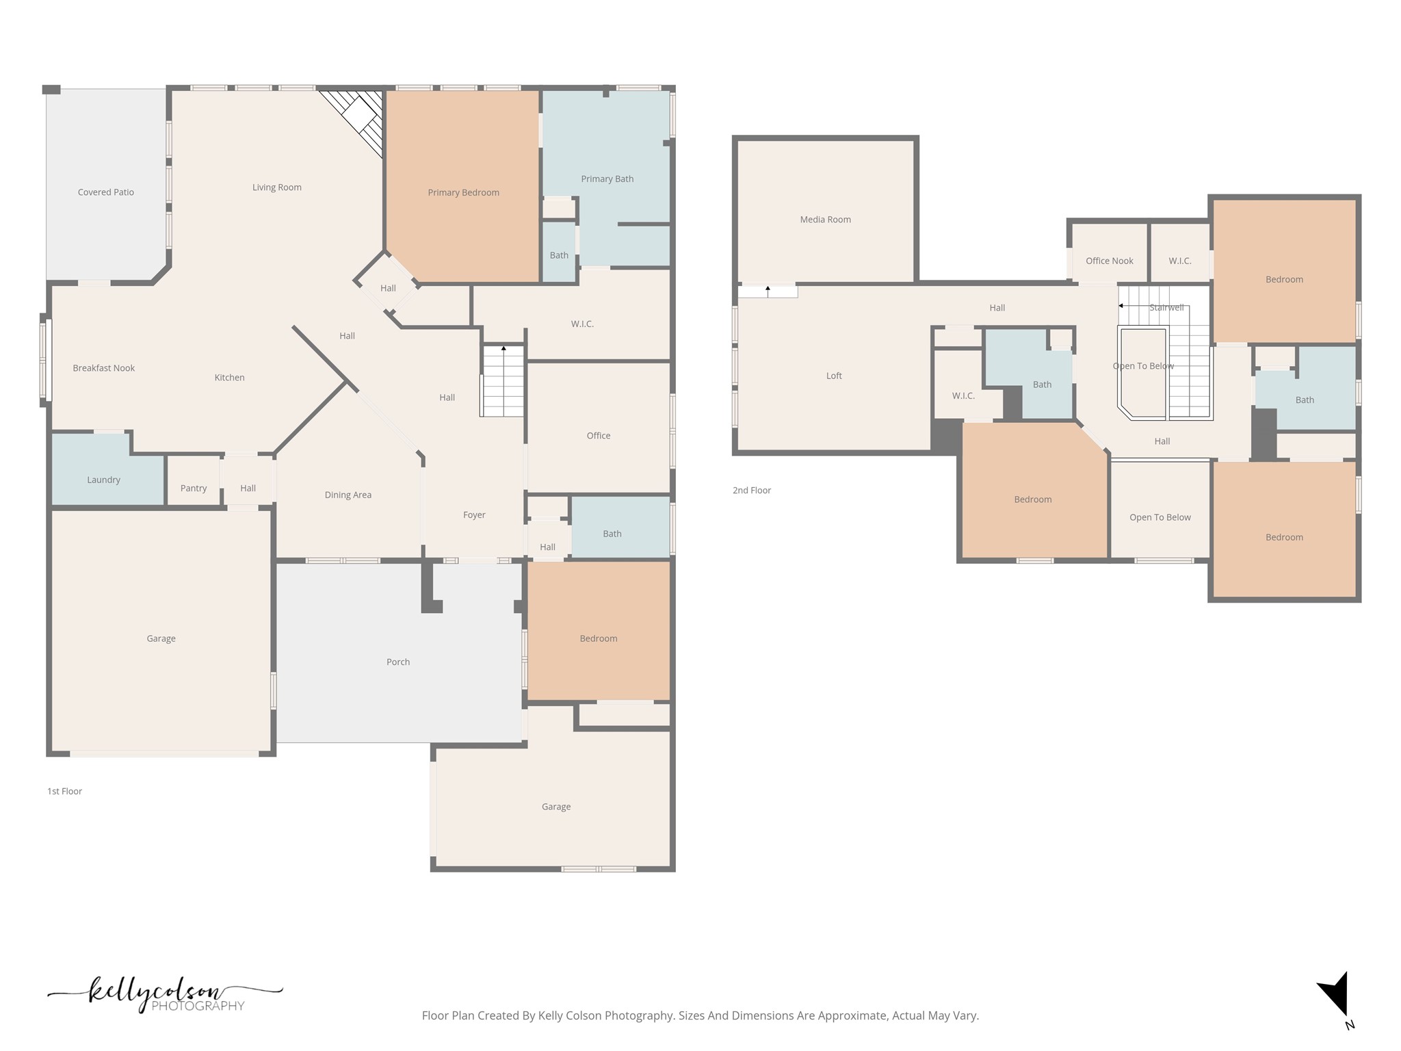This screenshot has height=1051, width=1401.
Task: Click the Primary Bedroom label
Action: [x=463, y=193]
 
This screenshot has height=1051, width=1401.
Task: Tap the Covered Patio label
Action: [x=106, y=192]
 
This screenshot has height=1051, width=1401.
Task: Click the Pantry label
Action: [x=194, y=489]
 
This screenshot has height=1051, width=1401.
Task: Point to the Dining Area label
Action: [x=348, y=495]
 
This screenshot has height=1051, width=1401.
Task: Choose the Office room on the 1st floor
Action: [x=599, y=428]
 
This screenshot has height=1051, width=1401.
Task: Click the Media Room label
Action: [x=826, y=220]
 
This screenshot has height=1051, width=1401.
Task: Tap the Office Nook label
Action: [x=1110, y=261]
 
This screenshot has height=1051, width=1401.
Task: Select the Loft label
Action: [x=834, y=376]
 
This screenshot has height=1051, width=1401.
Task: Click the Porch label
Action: [x=398, y=662]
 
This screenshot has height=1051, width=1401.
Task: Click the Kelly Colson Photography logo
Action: [x=165, y=995]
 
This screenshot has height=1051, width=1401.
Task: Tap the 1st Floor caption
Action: [x=64, y=791]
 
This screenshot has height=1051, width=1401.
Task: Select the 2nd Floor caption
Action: [x=752, y=491]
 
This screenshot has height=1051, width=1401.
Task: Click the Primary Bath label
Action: [x=607, y=179]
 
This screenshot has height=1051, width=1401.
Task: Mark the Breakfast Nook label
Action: [x=104, y=368]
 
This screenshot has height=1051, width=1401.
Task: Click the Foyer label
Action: [x=474, y=515]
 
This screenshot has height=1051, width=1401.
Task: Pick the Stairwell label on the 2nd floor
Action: [x=1166, y=308]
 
